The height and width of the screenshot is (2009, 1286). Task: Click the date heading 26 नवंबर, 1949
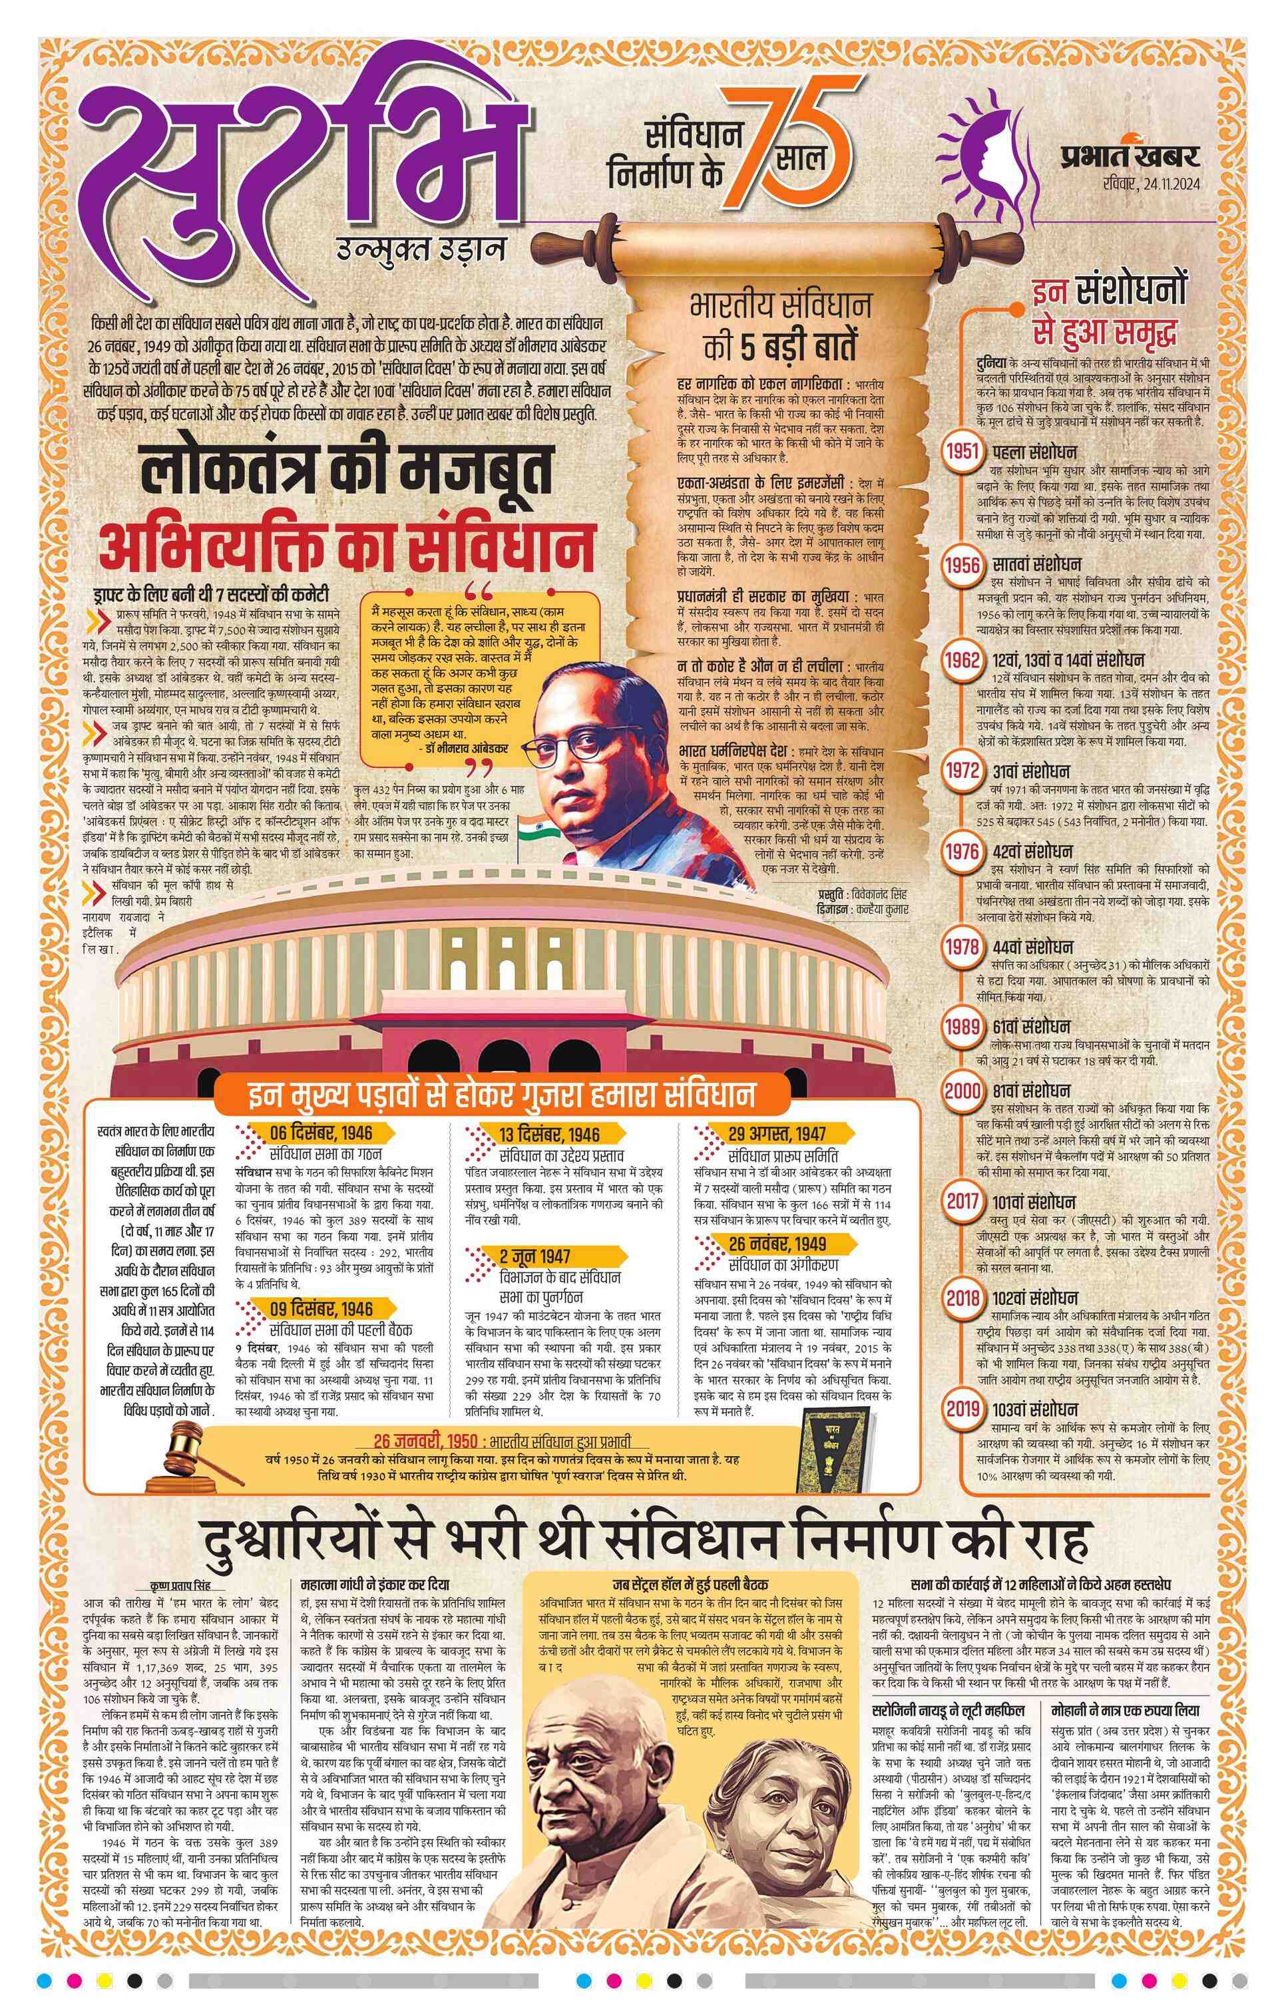(x=777, y=1244)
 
